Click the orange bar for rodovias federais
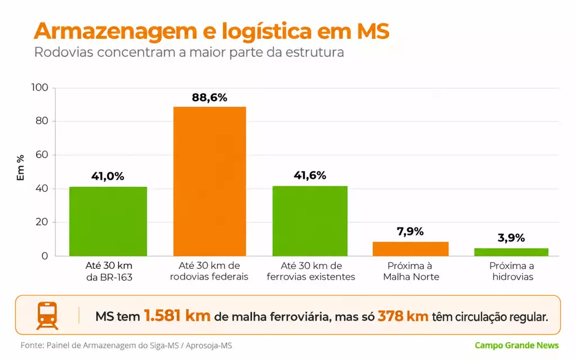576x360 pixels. point(209,182)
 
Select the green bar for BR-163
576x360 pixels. point(108,222)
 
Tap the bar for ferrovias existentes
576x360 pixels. point(310,221)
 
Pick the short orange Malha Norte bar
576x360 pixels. point(411,249)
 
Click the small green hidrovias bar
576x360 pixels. point(511,253)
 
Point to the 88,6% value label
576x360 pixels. point(209,98)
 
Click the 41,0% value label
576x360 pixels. point(107,176)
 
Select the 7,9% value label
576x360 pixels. point(410,231)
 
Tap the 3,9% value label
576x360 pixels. point(511,238)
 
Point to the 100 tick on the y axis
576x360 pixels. point(40,87)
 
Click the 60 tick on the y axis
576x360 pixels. point(42,155)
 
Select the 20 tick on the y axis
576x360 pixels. point(42,222)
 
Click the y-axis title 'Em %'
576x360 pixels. point(21,168)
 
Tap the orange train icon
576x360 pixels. point(47,316)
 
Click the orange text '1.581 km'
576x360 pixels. point(177,316)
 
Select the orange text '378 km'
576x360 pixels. point(403,316)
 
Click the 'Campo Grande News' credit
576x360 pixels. point(516,345)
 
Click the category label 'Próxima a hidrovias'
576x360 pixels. point(512,271)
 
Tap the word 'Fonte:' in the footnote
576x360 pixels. point(32,346)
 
